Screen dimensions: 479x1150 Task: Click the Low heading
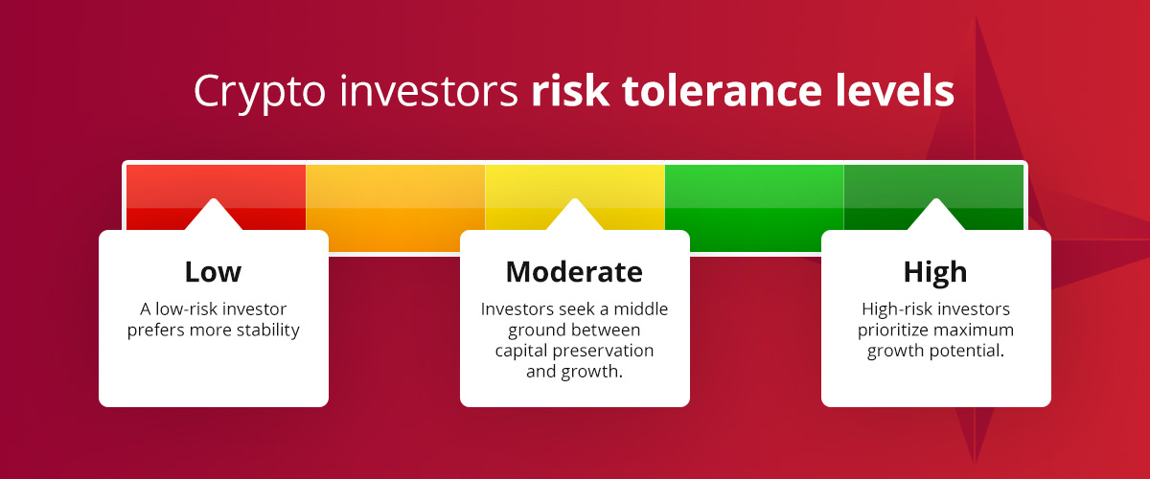[x=213, y=272]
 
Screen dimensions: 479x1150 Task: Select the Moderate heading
[x=574, y=272]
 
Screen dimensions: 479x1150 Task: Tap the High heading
[x=935, y=272]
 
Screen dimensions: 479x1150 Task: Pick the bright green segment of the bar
[x=754, y=196]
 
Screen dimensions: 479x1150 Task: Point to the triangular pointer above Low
[x=214, y=217]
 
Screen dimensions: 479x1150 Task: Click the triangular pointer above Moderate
[x=574, y=217]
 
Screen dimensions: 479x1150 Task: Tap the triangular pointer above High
[x=935, y=217]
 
